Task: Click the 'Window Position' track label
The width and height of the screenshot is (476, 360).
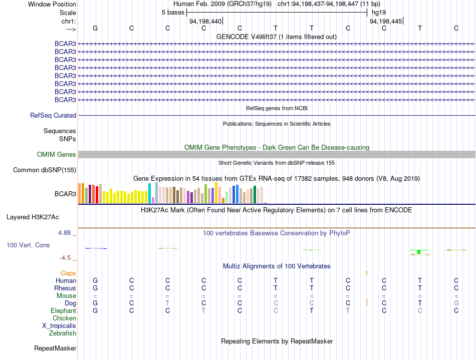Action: coord(52,4)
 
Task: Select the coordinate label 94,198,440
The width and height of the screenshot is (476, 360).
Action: coord(205,21)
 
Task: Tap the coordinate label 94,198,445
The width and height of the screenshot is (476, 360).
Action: coord(385,21)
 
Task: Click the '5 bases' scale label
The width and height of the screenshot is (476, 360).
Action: coord(173,13)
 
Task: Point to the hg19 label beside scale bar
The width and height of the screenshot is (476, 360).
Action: coord(379,13)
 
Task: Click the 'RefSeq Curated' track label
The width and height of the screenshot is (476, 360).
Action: coord(53,115)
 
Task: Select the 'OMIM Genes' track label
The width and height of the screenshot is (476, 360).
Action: coord(57,154)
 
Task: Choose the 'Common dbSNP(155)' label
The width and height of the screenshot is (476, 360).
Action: coord(45,170)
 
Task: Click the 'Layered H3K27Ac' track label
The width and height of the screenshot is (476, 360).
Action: coord(33,217)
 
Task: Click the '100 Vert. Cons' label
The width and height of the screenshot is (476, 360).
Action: coord(28,245)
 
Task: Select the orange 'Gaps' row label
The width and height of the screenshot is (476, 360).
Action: coord(68,273)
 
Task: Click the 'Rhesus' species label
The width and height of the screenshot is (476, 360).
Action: coord(65,288)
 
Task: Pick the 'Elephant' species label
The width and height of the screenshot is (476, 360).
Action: coord(64,311)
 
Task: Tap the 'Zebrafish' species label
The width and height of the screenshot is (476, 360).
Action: coord(63,333)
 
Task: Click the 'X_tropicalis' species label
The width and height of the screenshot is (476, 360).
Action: coord(59,326)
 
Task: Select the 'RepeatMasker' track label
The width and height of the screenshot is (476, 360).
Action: coord(55,348)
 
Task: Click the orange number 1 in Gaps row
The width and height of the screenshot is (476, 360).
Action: coord(366,273)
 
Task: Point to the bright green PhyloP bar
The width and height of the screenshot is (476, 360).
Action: coord(419,251)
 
